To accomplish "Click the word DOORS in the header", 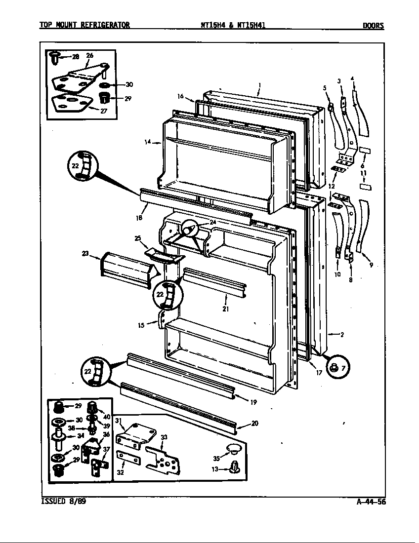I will pyautogui.click(x=373, y=26).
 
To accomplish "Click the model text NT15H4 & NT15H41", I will pyautogui.click(x=233, y=26).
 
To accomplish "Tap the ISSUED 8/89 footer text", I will pyautogui.click(x=59, y=502).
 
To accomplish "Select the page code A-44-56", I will pyautogui.click(x=371, y=502).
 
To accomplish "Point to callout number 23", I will pyautogui.click(x=85, y=254).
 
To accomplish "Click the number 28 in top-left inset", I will pyautogui.click(x=75, y=57).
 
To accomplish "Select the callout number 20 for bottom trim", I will pyautogui.click(x=254, y=423).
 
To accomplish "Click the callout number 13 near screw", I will pyautogui.click(x=215, y=469).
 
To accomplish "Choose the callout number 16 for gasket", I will pyautogui.click(x=180, y=96).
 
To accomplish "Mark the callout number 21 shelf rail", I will pyautogui.click(x=225, y=309).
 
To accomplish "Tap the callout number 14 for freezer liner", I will pyautogui.click(x=147, y=142).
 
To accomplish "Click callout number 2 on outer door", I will pyautogui.click(x=341, y=334).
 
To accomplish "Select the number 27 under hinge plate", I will pyautogui.click(x=103, y=111).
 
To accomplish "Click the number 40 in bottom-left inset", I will pyautogui.click(x=107, y=417).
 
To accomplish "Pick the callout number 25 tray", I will pyautogui.click(x=137, y=238).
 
